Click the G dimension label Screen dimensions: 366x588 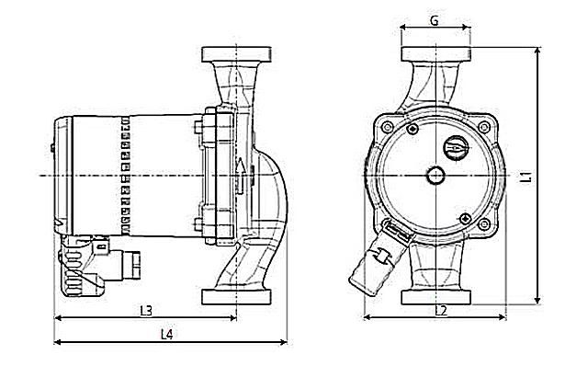pos(435,19)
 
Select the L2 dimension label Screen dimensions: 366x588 pos(440,310)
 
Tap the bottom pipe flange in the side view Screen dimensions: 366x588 pos(237,297)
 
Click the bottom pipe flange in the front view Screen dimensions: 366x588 pos(435,297)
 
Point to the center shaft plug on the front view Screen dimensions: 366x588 pos(435,175)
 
